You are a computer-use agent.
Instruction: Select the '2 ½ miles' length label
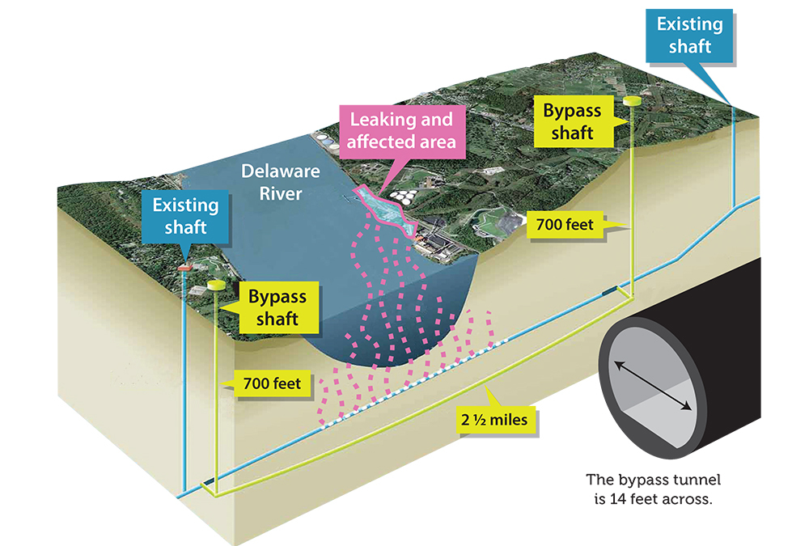tap(496, 419)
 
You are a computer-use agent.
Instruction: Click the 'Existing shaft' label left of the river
tap(186, 216)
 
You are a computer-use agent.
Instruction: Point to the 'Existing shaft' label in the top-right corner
tap(689, 36)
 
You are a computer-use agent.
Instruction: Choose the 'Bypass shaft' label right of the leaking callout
tap(573, 121)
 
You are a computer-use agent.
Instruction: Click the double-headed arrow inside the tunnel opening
tap(655, 387)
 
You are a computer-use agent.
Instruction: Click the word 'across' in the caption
tap(687, 499)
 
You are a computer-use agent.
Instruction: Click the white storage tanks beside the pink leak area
tap(401, 196)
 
